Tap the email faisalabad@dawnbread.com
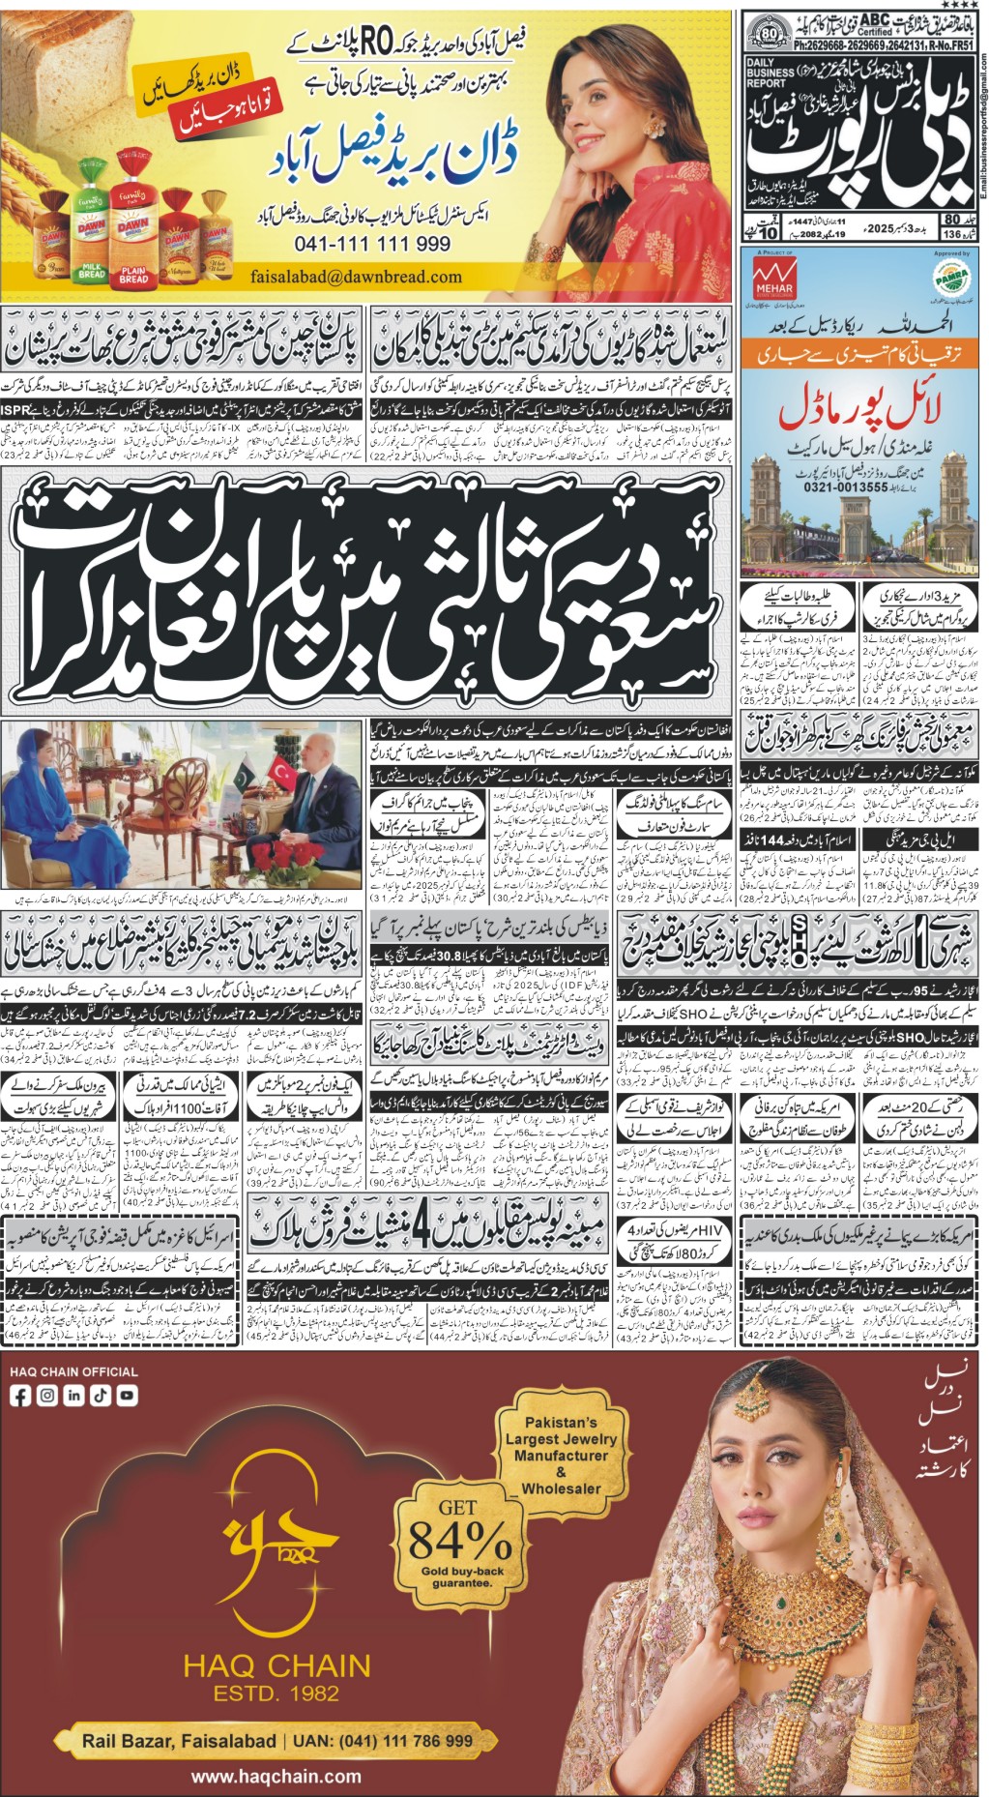[x=356, y=277]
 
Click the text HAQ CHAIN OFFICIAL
[x=74, y=1370]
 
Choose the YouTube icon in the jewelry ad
[x=127, y=1395]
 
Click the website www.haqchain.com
[x=276, y=1776]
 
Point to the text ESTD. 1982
[x=276, y=1693]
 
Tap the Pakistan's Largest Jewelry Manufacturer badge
[x=561, y=1455]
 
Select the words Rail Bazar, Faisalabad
[x=179, y=1740]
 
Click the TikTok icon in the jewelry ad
[x=101, y=1395]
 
